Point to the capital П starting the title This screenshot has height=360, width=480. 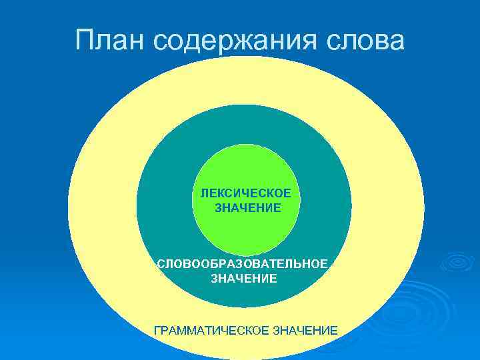[x=85, y=39]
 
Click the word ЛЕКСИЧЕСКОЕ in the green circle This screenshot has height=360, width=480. [x=245, y=193]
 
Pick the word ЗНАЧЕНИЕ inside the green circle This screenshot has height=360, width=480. [x=247, y=208]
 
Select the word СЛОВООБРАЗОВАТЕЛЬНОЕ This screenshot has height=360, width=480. [x=243, y=264]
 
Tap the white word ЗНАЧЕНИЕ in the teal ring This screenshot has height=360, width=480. [x=244, y=279]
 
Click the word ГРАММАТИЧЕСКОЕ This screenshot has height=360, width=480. [x=211, y=330]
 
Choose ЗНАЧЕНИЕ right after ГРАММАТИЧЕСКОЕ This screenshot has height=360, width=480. [x=305, y=330]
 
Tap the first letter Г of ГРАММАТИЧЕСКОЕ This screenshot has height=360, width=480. [x=157, y=330]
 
